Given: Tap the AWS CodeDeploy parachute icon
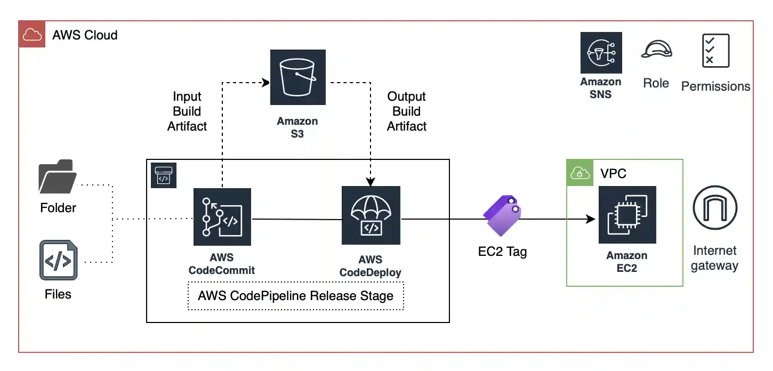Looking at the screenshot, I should coord(371,215).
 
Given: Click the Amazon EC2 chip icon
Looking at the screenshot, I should coord(627,215).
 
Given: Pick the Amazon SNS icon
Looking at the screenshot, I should coord(601,52).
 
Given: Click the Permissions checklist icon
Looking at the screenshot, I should coord(715,51).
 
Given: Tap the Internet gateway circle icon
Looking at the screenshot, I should coord(714,207).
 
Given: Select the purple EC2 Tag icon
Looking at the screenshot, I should coord(501,215).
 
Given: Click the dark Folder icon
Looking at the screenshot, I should coord(58,176).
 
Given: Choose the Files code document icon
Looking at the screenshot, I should coord(58,261).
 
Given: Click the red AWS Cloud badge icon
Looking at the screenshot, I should coord(32,35).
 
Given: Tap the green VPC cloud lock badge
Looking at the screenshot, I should coord(579,173).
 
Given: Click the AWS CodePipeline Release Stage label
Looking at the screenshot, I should coord(296,296).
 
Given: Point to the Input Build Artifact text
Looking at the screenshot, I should coord(187,111).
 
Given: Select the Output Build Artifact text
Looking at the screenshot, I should coord(407,111).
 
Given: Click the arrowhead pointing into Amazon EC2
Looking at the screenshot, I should coord(591,219).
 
